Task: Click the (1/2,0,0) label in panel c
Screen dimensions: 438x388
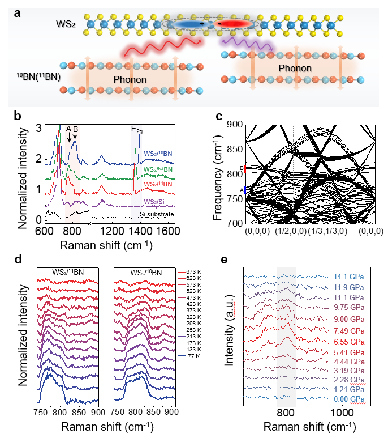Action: point(294,232)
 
